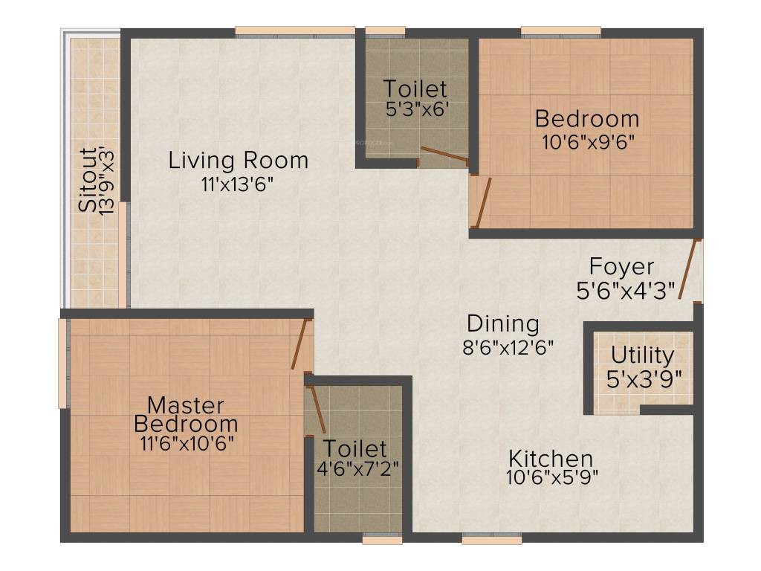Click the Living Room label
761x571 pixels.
click(238, 160)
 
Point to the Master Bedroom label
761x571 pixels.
click(185, 415)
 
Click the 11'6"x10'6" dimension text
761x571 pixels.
click(185, 443)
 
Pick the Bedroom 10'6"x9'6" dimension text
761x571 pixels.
click(587, 141)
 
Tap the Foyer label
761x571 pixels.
click(621, 266)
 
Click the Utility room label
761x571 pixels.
click(643, 355)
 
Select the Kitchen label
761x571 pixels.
click(551, 458)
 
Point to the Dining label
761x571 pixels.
click(502, 324)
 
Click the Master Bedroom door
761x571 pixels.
click(299, 344)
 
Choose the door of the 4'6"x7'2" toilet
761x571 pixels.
click(317, 409)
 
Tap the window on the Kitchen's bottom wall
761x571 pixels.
click(481, 539)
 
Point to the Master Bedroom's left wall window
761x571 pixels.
click(63, 363)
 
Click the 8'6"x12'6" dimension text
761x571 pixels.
click(509, 348)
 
